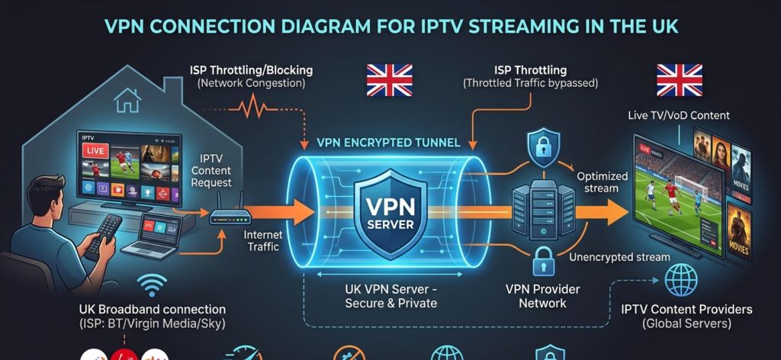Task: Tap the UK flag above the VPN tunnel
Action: [389, 79]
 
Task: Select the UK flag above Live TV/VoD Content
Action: [679, 79]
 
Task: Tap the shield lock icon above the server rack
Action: [543, 149]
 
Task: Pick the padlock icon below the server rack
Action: [543, 262]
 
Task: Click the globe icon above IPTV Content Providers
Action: [680, 280]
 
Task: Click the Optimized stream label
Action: [602, 182]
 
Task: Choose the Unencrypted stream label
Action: [619, 257]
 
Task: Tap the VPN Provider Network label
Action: [542, 296]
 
